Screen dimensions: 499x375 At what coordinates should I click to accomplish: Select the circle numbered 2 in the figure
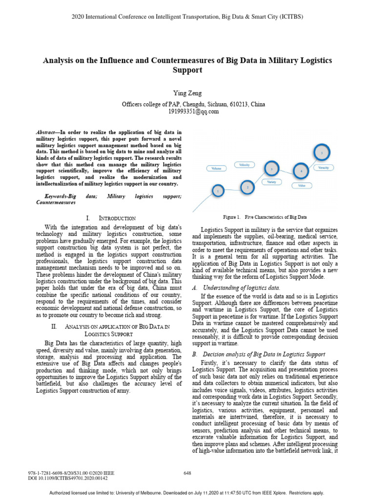(x=248, y=187)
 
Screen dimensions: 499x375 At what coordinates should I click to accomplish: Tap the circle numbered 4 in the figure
(x=301, y=172)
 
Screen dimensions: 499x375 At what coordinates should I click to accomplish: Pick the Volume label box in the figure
(x=216, y=168)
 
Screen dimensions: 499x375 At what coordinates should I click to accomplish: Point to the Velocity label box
(x=245, y=165)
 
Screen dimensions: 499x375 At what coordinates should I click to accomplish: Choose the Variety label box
(x=272, y=182)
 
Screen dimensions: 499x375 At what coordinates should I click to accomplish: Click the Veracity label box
(x=323, y=168)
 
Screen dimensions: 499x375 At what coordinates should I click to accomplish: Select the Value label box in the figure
(x=301, y=186)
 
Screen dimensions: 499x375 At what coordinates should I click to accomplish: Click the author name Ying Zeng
(x=187, y=93)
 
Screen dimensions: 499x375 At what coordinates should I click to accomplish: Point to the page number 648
(x=187, y=473)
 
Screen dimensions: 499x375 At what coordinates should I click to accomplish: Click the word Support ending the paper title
(x=187, y=70)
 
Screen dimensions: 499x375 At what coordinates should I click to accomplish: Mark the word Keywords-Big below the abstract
(x=54, y=196)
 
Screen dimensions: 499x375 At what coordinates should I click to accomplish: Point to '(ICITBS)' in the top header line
(x=289, y=17)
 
